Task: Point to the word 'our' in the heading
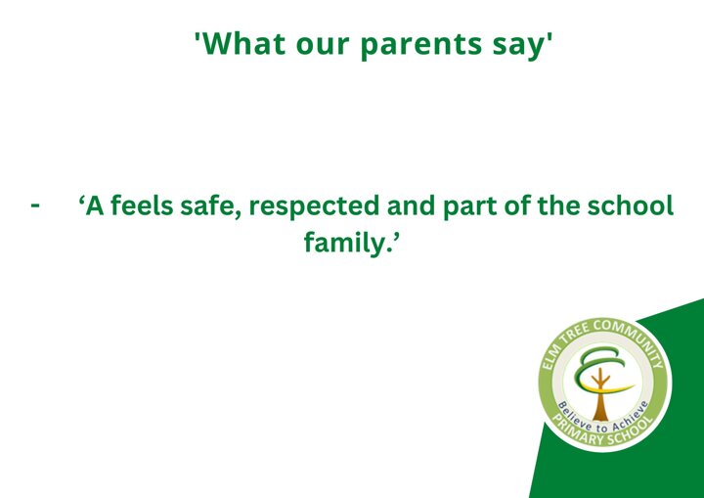click(323, 46)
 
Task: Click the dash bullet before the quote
click(35, 205)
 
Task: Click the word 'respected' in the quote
click(314, 207)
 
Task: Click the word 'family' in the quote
click(345, 244)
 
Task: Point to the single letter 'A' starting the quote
click(94, 206)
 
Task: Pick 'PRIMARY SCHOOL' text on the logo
click(601, 432)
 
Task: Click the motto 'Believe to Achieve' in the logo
click(601, 418)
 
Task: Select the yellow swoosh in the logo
click(606, 387)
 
